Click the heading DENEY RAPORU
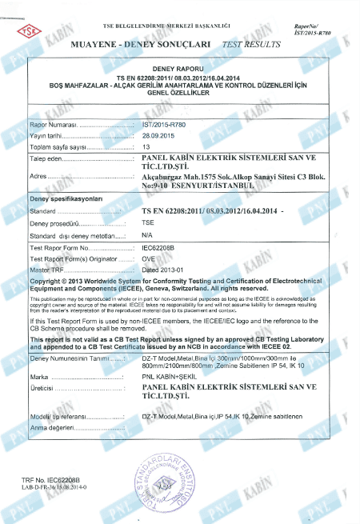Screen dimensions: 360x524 pyautogui.click(x=179, y=70)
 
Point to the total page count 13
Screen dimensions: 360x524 pyautogui.click(x=146, y=147)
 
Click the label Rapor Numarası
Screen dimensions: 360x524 pyautogui.click(x=52, y=126)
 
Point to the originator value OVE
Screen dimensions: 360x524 pyautogui.click(x=148, y=258)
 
